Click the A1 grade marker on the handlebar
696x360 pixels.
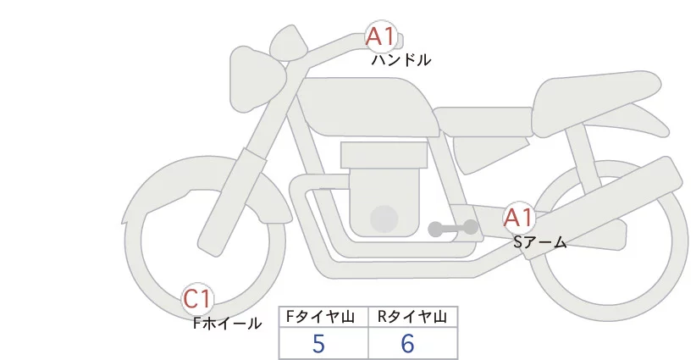coord(378,36)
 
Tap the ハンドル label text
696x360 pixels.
coord(400,60)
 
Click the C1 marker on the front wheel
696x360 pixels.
coord(199,299)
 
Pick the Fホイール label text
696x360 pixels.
coord(227,323)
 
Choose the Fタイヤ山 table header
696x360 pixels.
coord(323,317)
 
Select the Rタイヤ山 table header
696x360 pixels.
coord(412,317)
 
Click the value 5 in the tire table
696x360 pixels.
coord(318,344)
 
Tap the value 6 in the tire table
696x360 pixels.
coord(407,344)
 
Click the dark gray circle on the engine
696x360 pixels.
coord(384,219)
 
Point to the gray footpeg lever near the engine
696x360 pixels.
coord(453,228)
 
